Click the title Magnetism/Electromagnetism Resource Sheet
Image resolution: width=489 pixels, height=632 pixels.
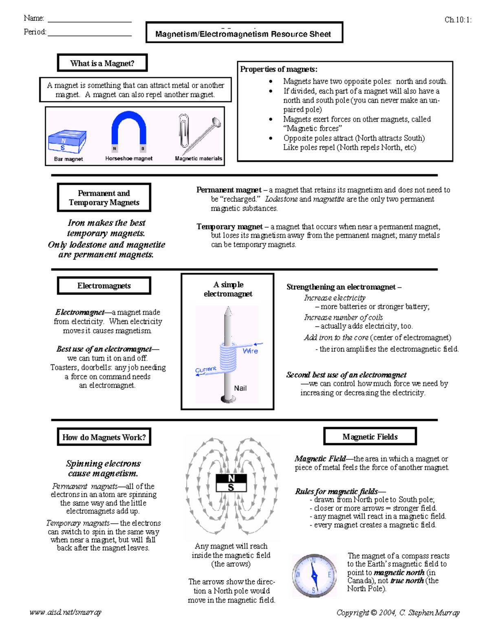[243, 34]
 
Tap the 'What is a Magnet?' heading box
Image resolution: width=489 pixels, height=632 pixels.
[102, 63]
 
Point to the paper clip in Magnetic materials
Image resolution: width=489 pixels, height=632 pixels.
[184, 131]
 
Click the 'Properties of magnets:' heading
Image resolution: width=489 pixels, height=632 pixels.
[279, 69]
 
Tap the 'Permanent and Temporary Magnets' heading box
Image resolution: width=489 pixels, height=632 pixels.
[104, 198]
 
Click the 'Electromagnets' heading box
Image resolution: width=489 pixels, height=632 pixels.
[104, 286]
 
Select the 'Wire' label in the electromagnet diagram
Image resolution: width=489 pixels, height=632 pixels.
[250, 351]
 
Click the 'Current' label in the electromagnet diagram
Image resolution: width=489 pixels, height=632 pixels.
[206, 369]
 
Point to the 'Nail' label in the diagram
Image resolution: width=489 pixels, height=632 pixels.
[240, 388]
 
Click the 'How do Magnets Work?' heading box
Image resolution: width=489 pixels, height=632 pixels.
[104, 437]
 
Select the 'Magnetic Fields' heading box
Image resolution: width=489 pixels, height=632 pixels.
[370, 437]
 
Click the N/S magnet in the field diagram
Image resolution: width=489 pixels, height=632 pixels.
[231, 483]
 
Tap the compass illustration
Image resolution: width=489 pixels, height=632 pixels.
[314, 575]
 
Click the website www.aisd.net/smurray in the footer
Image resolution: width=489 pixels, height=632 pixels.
[65, 612]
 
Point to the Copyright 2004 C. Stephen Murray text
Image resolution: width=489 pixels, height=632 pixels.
[398, 612]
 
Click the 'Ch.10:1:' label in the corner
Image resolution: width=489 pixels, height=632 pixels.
[458, 20]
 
